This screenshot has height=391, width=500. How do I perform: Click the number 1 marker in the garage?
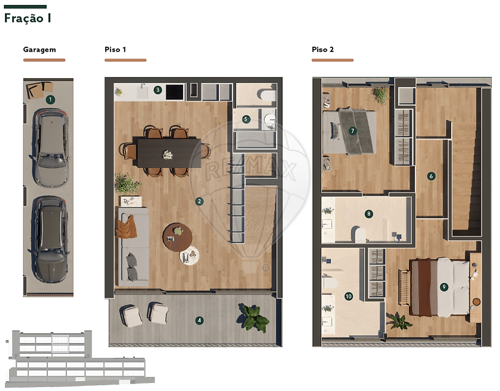[x=50, y=100]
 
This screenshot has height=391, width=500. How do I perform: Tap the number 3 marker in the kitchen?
[x=158, y=90]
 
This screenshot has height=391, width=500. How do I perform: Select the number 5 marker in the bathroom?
[x=246, y=119]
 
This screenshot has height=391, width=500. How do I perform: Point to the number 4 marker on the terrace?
[x=199, y=320]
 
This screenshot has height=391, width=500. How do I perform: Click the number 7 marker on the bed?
[x=352, y=130]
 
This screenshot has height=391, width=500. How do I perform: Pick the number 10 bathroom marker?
[x=348, y=296]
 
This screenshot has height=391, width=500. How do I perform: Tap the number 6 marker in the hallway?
[x=431, y=176]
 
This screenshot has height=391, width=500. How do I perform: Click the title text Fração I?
[x=28, y=18]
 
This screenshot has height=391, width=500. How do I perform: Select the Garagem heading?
[x=40, y=49]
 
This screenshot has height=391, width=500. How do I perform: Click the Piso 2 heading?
[x=323, y=49]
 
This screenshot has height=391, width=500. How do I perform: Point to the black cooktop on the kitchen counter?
[x=175, y=92]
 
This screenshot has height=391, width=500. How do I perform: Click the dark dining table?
[x=169, y=152]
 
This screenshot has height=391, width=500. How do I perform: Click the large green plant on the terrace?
[x=253, y=317]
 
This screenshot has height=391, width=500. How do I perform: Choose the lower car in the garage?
[x=49, y=239]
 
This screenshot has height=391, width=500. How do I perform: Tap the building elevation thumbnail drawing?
[x=80, y=359]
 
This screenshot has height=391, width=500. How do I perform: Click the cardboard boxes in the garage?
[x=40, y=89]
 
